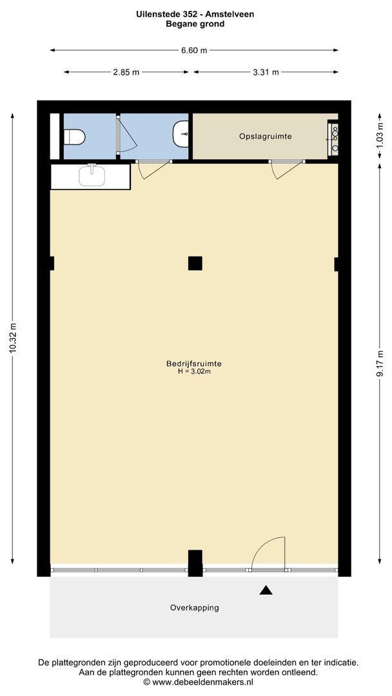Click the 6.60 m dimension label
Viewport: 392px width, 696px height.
coord(194,50)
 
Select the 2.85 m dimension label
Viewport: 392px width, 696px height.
coord(126,72)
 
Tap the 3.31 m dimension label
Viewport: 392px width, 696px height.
coord(266,72)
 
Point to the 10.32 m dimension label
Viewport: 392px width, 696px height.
coord(14,338)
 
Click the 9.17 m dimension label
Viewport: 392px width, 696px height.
coord(380,364)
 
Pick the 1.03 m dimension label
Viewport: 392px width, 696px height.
coord(380,136)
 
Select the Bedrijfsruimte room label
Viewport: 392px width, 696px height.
coord(194,363)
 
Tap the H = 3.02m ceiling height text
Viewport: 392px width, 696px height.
coord(194,372)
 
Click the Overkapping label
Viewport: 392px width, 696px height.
coord(195,608)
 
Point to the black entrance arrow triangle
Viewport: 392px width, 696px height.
coord(266,590)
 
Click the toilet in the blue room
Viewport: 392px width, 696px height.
coord(74,137)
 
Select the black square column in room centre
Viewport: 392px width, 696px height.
coord(195,263)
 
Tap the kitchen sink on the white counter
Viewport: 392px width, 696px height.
coord(92,175)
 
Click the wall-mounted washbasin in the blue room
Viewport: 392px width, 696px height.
coord(182,133)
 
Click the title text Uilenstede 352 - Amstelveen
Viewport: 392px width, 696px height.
coord(195,14)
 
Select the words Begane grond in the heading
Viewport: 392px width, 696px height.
coord(195,24)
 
